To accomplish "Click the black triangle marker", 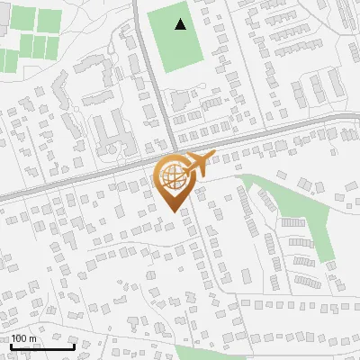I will tap(181, 24).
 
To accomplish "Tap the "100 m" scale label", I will tap(23, 338).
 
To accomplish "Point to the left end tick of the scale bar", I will tap(11, 345).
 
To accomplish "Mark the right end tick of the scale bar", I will tap(74, 345).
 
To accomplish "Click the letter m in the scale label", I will tap(32, 338).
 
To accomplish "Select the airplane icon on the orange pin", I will tap(196, 165).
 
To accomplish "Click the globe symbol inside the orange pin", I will tap(172, 175).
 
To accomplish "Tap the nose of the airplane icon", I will tap(213, 156).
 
